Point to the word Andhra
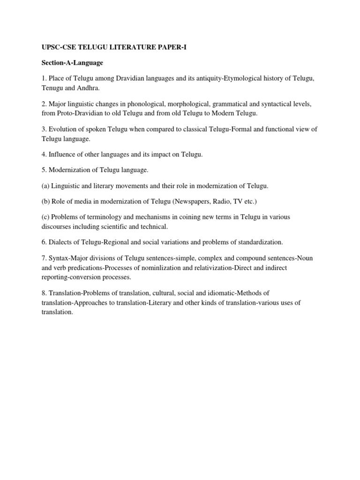point(90,88)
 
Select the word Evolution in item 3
point(62,129)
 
